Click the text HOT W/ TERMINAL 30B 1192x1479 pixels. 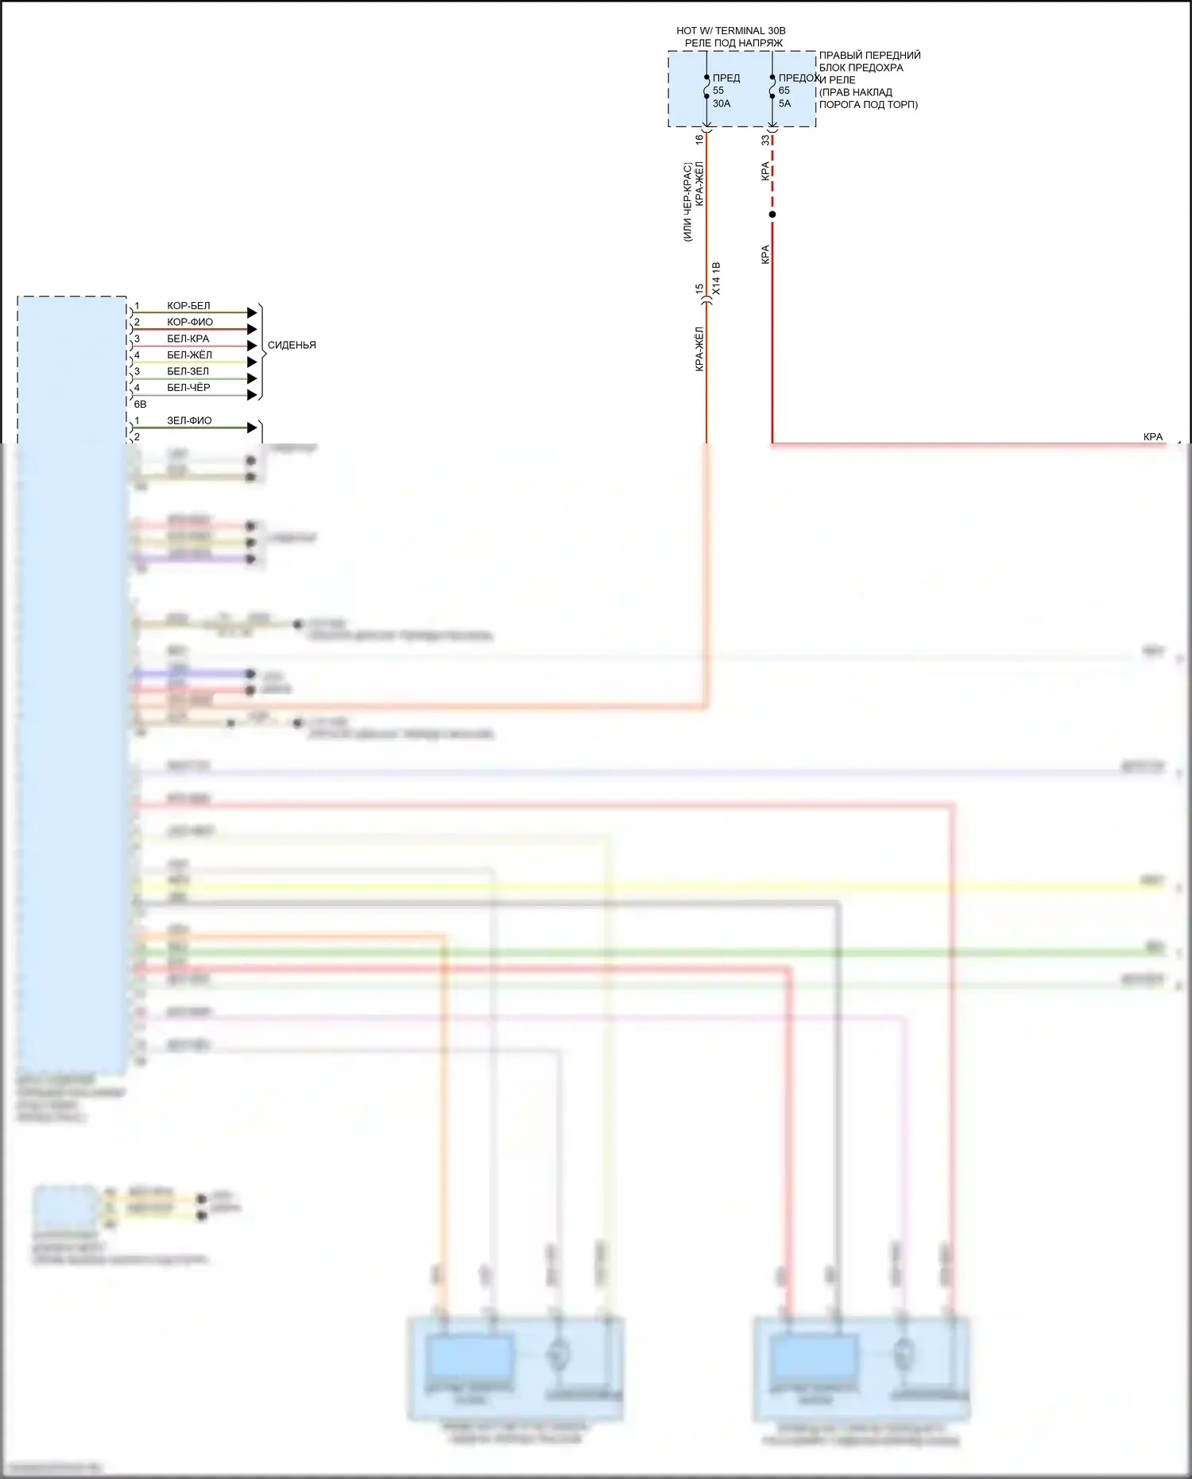tap(730, 31)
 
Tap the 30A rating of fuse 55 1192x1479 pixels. tap(721, 103)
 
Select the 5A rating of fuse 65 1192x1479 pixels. tap(784, 103)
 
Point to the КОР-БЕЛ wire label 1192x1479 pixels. tap(188, 306)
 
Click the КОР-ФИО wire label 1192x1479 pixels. tap(190, 323)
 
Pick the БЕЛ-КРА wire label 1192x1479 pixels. tap(188, 339)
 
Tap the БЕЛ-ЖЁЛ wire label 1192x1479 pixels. tap(189, 355)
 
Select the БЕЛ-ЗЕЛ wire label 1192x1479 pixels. tap(188, 371)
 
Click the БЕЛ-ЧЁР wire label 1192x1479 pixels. tap(188, 388)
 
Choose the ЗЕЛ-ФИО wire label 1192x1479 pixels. tap(189, 420)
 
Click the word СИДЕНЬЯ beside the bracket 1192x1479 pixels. tap(292, 345)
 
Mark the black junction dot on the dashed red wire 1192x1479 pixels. tap(772, 215)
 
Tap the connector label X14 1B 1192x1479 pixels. tap(716, 279)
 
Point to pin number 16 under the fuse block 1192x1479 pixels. tap(699, 139)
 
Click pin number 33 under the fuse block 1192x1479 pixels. tap(765, 140)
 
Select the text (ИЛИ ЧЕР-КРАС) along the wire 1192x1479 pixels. tap(687, 202)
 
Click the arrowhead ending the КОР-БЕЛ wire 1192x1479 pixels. tap(252, 312)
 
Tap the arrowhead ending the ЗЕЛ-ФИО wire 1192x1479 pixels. tap(252, 428)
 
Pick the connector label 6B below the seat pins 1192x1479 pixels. tap(140, 405)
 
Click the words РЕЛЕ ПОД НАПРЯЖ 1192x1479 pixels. tap(733, 43)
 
